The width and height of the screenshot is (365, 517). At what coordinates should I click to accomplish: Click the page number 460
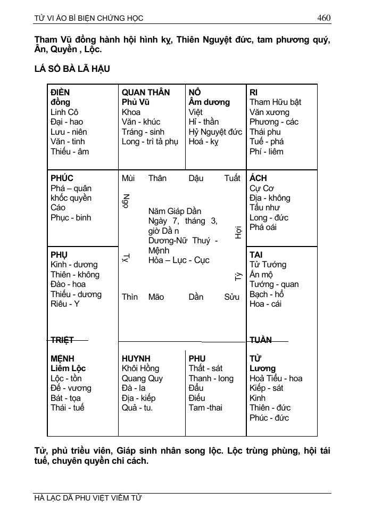323,18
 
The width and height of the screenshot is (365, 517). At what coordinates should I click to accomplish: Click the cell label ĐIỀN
60,92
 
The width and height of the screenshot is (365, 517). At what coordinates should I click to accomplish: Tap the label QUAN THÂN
146,92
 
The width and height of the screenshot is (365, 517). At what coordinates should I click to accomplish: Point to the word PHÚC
62,178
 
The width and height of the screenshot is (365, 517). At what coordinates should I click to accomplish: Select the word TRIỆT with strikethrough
62,340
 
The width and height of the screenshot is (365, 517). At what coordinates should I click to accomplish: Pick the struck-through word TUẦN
261,340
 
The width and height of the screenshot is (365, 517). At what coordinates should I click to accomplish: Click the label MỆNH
62,358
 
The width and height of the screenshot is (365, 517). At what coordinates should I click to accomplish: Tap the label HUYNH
136,358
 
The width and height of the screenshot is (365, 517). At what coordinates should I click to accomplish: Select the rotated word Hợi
238,232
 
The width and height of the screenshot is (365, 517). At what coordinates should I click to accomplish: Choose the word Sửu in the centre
231,297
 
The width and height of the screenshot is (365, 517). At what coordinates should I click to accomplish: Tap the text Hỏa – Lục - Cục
179,260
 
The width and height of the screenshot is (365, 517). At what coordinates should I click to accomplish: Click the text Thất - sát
205,368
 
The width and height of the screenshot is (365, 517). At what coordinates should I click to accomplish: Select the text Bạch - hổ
267,294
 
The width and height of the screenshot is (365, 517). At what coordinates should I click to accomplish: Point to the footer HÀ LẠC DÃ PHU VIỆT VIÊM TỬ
88,498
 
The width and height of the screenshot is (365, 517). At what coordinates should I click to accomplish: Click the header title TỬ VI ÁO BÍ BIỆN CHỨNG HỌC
89,18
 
